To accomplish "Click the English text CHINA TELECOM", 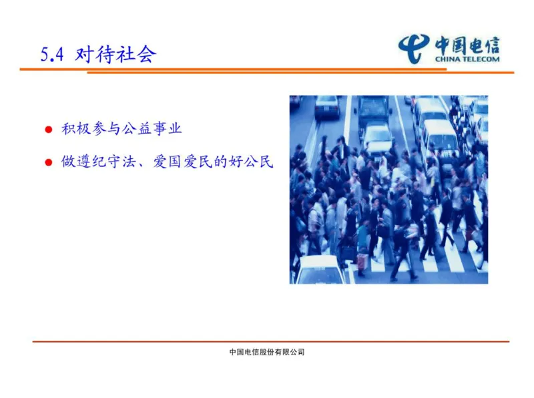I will (x=467, y=59).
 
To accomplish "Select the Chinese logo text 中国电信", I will (x=467, y=44).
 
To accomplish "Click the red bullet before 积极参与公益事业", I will (x=48, y=130).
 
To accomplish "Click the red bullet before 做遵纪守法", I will (x=48, y=163).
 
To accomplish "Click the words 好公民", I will (x=258, y=162).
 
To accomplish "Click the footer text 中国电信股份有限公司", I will (x=266, y=352).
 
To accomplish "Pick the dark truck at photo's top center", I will (x=374, y=110).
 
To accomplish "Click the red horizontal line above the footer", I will (x=267, y=341).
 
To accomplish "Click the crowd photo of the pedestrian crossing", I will (x=388, y=200).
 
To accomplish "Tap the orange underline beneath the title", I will (x=267, y=69).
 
